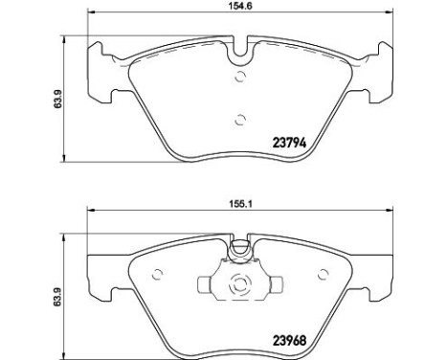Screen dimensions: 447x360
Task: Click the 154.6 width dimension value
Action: coord(240,6)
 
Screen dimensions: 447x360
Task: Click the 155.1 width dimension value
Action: coord(240,205)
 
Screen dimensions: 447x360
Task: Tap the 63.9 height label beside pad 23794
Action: coord(57,99)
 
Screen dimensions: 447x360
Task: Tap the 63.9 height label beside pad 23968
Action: coord(57,297)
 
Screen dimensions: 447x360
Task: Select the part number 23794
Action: coord(289,143)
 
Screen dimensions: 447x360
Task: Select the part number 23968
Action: coord(289,341)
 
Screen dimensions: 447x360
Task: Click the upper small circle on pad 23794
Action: coord(240,77)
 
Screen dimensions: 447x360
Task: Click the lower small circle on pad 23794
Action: coord(240,121)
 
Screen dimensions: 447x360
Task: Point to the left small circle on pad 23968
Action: coord(157,274)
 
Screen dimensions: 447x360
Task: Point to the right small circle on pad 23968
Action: coord(324,274)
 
